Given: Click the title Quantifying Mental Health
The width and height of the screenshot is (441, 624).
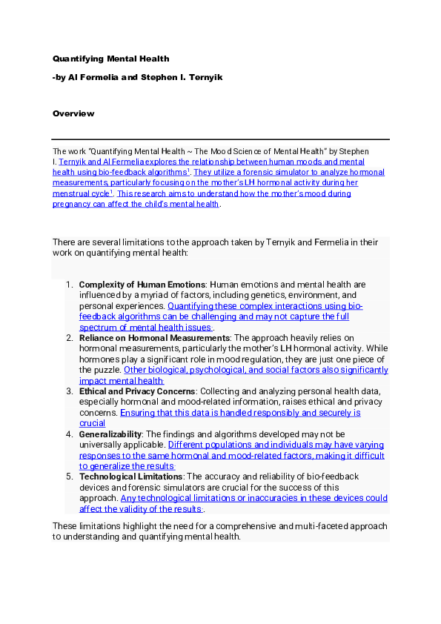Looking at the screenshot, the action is coord(110,58).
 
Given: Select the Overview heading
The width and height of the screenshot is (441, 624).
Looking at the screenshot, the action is coord(73,113).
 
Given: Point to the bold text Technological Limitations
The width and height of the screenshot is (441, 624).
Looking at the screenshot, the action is coord(130,477).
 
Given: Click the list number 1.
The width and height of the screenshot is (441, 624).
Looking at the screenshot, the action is coord(68,285).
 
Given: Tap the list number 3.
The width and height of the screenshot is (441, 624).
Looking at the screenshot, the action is coord(68,391).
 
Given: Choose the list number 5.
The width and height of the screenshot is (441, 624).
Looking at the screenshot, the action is coord(68,477).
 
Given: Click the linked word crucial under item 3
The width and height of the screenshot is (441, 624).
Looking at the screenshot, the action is coord(93,423).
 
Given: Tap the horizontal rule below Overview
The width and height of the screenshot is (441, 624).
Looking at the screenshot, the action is coord(220,139).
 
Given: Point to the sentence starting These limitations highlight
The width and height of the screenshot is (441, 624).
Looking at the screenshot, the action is coord(219,525).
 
